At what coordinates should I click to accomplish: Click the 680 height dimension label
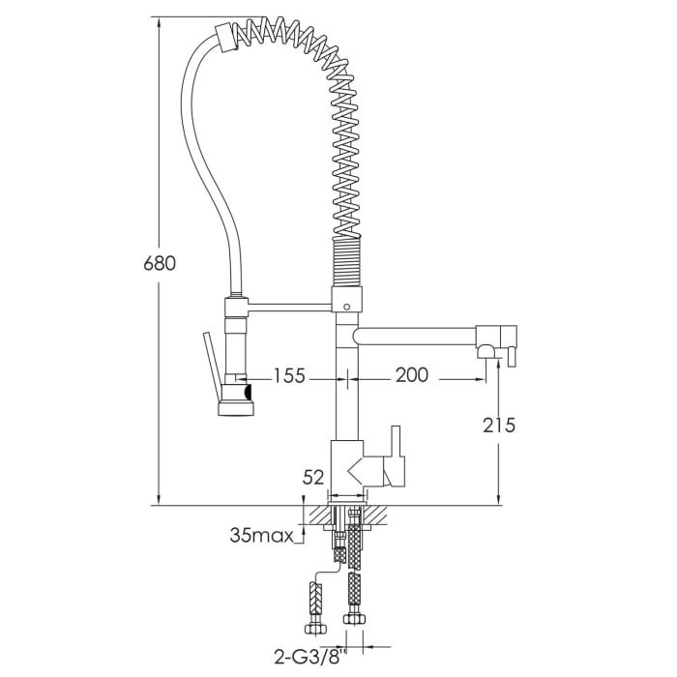pyautogui.click(x=159, y=263)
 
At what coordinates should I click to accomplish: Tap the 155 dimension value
pyautogui.click(x=290, y=375)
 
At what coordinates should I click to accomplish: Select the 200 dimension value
pyautogui.click(x=412, y=375)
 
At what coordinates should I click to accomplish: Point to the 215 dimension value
pyautogui.click(x=498, y=424)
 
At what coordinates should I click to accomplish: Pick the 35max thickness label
pyautogui.click(x=261, y=534)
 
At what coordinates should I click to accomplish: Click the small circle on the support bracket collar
pyautogui.click(x=348, y=305)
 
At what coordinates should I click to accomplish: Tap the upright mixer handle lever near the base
pyautogui.click(x=396, y=455)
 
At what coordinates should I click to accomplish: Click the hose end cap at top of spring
pyautogui.click(x=225, y=37)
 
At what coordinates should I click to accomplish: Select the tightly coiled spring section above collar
pyautogui.click(x=349, y=261)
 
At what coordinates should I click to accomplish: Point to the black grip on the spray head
pyautogui.click(x=248, y=392)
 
